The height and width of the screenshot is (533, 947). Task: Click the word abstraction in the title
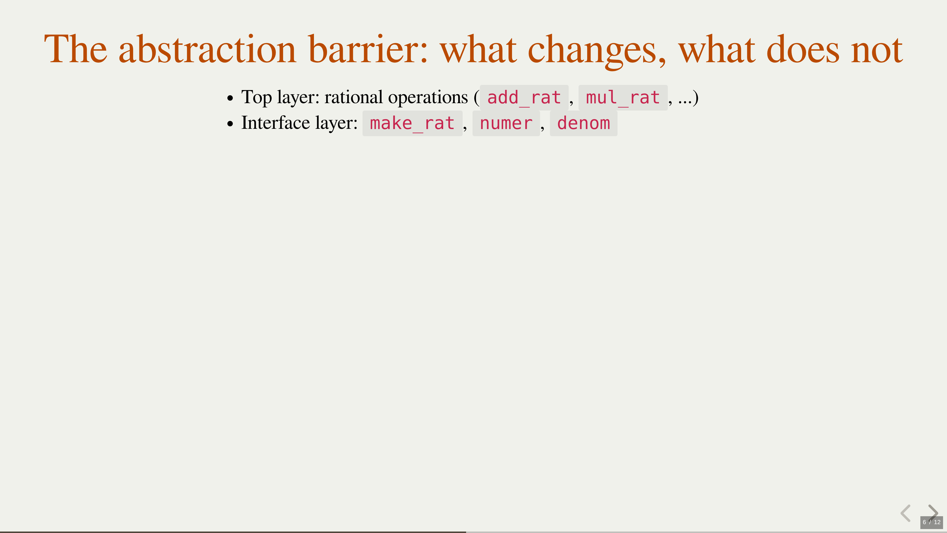coord(207,49)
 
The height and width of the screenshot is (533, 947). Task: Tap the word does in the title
coord(803,49)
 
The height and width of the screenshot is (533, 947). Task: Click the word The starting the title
coord(76,49)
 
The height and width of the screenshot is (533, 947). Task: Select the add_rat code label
coord(524,98)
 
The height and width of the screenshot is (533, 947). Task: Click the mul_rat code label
coord(623,98)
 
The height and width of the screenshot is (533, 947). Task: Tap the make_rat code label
coord(413,124)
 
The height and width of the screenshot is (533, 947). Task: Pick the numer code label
coord(506,124)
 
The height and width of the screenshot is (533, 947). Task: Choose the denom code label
coord(583,124)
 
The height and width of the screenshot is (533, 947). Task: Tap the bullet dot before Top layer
coord(230,98)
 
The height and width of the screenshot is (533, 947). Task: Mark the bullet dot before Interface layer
coord(230,124)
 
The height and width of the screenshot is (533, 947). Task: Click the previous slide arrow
coord(906,513)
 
